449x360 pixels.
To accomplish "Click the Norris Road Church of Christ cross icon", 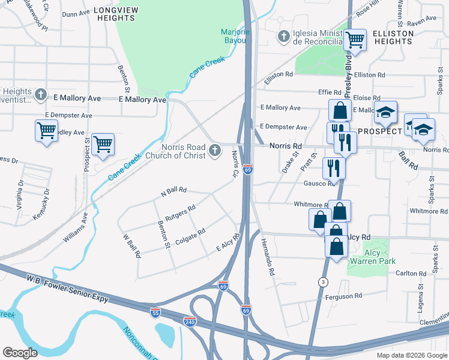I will [215, 151].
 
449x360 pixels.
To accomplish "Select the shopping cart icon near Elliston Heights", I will [355, 40].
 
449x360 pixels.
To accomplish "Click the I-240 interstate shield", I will [190, 322].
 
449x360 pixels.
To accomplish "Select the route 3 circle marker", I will [324, 281].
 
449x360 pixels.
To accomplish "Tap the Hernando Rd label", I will [268, 257].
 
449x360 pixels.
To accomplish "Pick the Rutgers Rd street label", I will [181, 213].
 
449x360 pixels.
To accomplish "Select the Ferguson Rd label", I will [343, 296].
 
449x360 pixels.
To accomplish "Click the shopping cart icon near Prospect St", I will [103, 144].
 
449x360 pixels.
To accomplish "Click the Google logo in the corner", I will [20, 352].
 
